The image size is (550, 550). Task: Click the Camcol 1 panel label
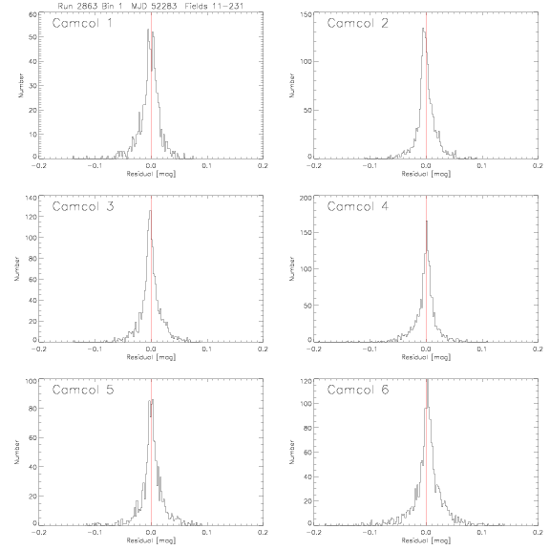click(x=82, y=23)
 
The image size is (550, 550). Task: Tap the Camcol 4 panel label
click(x=357, y=206)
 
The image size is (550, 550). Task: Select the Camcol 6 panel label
click(x=358, y=390)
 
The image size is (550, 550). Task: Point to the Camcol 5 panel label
click(x=83, y=390)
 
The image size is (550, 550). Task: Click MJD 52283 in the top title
click(x=154, y=6)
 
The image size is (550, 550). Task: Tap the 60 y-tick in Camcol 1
click(x=32, y=14)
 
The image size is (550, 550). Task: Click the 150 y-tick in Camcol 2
click(x=307, y=14)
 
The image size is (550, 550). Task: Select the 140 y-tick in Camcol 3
click(x=32, y=198)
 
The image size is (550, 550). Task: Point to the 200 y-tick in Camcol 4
click(x=307, y=199)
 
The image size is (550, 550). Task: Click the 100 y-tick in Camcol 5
click(x=32, y=381)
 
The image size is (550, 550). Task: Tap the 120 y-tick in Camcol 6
click(x=307, y=381)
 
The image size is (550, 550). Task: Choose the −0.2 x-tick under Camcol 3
click(x=38, y=349)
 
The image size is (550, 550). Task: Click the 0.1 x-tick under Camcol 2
click(x=482, y=166)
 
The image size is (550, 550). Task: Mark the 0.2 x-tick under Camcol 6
click(x=538, y=533)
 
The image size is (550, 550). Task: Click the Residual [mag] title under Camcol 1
click(x=151, y=174)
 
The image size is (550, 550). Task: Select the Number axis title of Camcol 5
click(x=16, y=452)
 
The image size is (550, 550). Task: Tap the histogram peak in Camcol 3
click(x=150, y=210)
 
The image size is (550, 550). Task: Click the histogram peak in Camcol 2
click(x=423, y=28)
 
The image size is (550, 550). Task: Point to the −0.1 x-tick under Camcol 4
click(x=370, y=349)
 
